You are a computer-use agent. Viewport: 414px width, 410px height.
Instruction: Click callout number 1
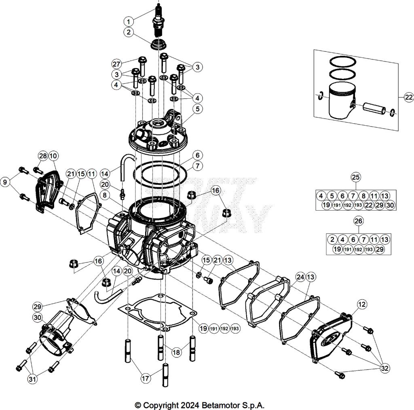tap(128, 21)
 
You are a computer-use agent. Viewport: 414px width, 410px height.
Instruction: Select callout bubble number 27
tap(116, 64)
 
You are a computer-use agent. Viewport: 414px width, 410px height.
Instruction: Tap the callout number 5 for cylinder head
tap(197, 108)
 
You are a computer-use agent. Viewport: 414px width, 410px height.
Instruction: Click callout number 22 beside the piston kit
tap(408, 97)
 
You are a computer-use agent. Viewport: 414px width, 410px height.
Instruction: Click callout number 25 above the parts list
tap(356, 177)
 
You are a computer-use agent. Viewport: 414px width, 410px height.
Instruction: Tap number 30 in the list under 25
tap(390, 205)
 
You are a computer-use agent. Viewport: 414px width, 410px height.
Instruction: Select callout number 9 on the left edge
tap(6, 183)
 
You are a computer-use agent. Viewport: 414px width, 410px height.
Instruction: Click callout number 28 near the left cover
tap(43, 156)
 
